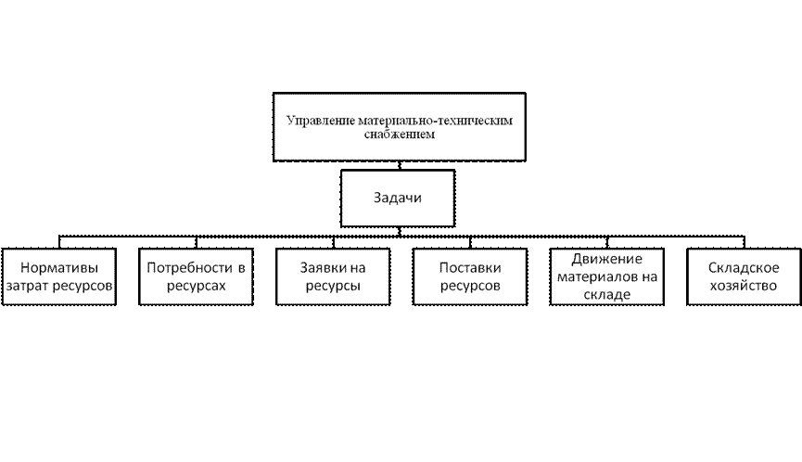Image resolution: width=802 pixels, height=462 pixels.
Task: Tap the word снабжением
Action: tap(399, 135)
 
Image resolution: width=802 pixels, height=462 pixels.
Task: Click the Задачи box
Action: tap(399, 199)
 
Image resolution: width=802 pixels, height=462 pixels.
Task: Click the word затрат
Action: tap(27, 287)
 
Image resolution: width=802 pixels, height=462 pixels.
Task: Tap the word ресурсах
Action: tap(197, 287)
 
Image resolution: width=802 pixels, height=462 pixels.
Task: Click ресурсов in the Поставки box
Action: tap(470, 287)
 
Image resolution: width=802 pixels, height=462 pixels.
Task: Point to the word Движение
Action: tap(607, 258)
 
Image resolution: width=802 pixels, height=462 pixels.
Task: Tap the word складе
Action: tap(607, 295)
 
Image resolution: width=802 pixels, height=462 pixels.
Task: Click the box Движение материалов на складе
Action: tap(607, 276)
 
